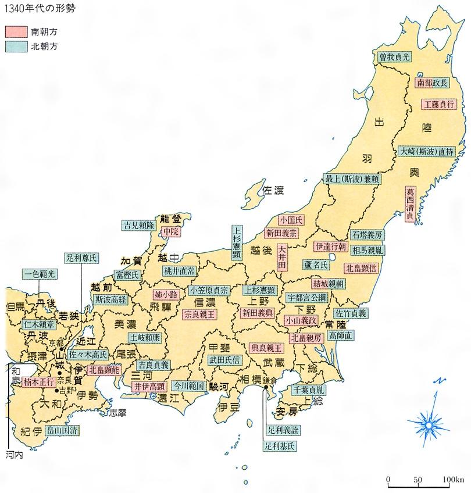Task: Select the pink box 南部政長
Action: click(432, 83)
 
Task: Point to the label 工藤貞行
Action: click(438, 105)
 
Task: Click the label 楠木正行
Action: click(40, 382)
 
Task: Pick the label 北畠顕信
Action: click(362, 269)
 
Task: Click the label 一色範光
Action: click(40, 273)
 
